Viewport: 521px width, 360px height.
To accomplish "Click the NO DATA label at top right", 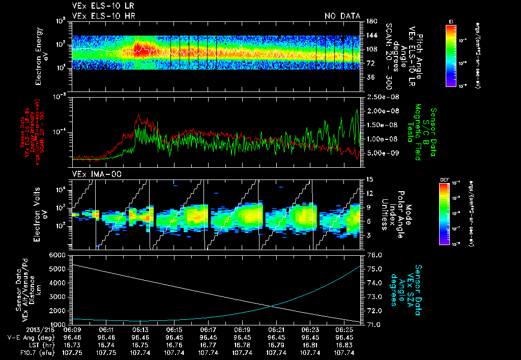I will (342, 16).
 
